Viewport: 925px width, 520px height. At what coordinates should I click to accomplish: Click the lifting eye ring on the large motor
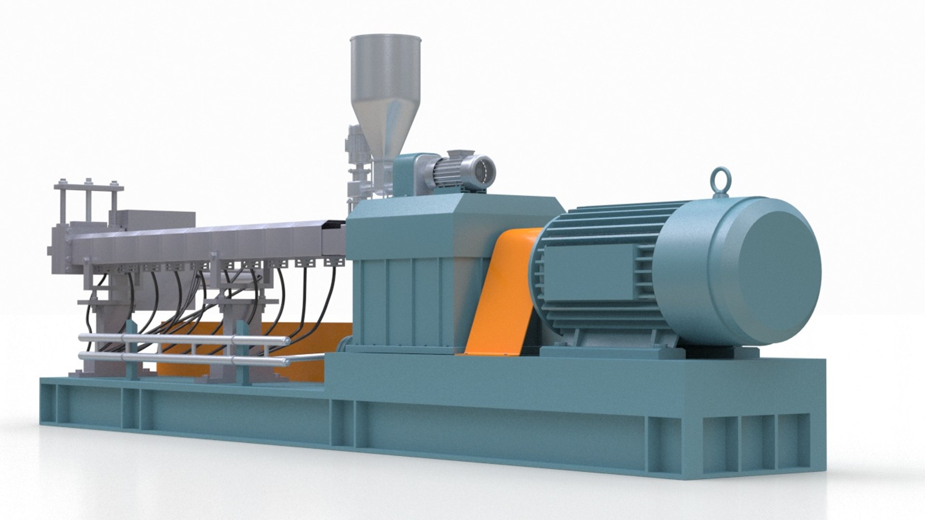point(721,180)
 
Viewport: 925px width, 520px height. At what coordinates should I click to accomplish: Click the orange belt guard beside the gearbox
point(501,294)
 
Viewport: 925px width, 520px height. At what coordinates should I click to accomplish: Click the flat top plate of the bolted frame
point(89,188)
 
